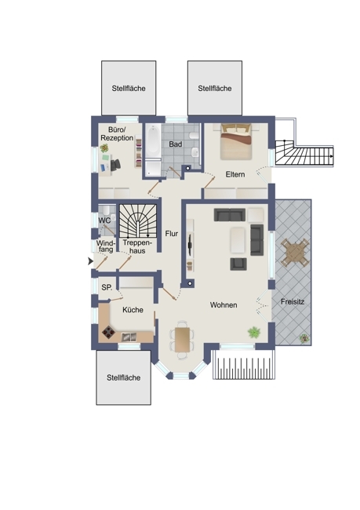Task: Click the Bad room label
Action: (x=175, y=144)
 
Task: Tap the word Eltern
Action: (x=235, y=174)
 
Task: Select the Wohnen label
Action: (x=224, y=305)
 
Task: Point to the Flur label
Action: (x=172, y=234)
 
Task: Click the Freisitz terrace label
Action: (x=293, y=302)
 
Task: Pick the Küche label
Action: (x=133, y=310)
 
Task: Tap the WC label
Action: (x=104, y=220)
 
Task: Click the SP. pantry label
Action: (x=107, y=287)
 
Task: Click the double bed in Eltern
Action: (x=236, y=142)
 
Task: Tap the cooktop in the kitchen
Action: (x=108, y=333)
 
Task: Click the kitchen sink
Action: (x=129, y=337)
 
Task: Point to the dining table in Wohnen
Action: (x=182, y=340)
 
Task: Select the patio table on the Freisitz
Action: (x=295, y=253)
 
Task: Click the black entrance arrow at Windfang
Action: (x=90, y=260)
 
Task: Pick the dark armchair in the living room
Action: (x=238, y=264)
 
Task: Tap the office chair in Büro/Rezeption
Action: (x=115, y=165)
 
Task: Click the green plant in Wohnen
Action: (x=254, y=333)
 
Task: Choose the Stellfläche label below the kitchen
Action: (x=124, y=377)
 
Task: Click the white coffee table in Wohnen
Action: (x=238, y=240)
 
